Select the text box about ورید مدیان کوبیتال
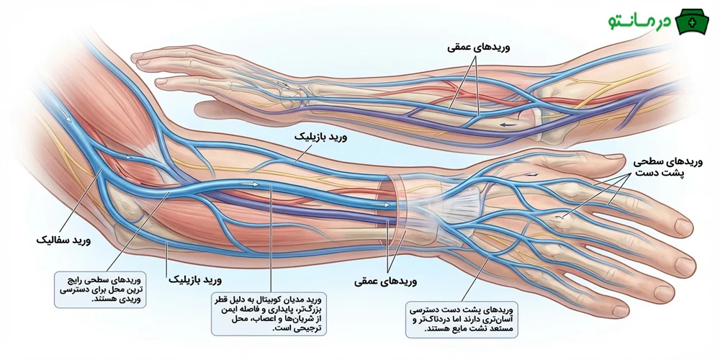270,312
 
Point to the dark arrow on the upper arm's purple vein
510,124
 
